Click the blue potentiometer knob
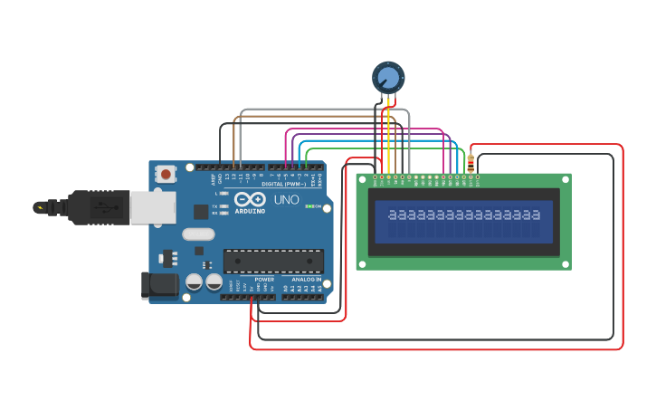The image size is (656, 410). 388,77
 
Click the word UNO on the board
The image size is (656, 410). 286,200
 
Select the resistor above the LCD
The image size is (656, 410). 470,162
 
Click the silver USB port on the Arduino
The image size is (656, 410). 151,207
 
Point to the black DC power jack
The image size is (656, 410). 159,285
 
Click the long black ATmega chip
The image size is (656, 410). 273,261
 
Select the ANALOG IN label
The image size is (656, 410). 306,280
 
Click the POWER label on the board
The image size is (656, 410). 264,280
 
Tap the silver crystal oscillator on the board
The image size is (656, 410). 198,234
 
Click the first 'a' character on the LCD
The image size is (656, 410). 392,215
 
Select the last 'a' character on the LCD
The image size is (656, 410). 536,215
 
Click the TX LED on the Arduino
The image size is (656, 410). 223,205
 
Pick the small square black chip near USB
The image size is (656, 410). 200,212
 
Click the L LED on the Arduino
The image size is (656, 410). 223,194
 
